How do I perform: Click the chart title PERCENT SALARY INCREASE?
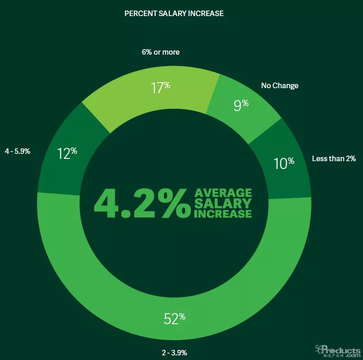pos(174,14)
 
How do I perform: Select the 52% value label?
pos(174,318)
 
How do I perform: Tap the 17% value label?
pos(160,87)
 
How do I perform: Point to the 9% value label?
pos(241,105)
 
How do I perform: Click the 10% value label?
pos(284,163)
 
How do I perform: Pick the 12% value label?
pos(67,153)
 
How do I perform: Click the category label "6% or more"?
pos(160,52)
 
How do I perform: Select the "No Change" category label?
pos(279,85)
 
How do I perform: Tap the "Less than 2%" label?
pos(334,159)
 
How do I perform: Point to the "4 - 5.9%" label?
pos(17,151)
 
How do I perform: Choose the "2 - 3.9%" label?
pos(174,353)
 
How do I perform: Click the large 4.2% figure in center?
pos(142,202)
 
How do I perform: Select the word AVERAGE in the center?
pos(223,192)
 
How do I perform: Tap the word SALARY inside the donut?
pos(223,203)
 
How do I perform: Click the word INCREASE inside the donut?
pos(223,214)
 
